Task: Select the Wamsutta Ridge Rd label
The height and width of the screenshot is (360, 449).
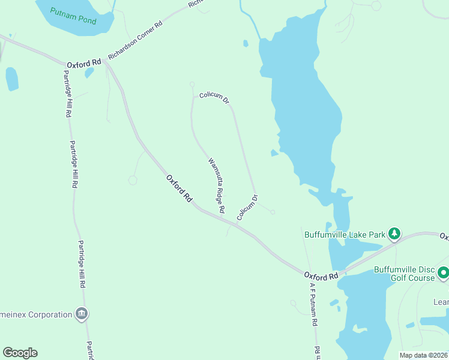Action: [x=217, y=185]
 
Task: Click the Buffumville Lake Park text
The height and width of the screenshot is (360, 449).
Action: [x=344, y=235]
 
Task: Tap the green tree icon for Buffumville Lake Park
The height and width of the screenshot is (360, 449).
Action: [x=394, y=233]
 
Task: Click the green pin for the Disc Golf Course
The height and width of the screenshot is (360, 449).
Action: [x=443, y=273]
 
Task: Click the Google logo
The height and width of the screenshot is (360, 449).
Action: [x=20, y=353]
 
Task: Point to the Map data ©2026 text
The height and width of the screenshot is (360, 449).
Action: [x=423, y=355]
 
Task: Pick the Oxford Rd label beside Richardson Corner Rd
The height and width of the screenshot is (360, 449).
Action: [x=83, y=63]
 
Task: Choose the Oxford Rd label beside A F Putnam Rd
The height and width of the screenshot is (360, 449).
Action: [x=321, y=276]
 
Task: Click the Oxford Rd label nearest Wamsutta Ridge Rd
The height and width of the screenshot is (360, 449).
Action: [x=179, y=188]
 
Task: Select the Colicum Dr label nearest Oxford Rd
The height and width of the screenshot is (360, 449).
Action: [x=248, y=207]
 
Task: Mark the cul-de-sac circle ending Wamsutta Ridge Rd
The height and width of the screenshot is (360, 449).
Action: [x=192, y=85]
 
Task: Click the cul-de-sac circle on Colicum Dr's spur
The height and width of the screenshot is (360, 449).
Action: [x=273, y=212]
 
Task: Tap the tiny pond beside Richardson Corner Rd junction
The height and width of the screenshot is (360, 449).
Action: [x=89, y=73]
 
